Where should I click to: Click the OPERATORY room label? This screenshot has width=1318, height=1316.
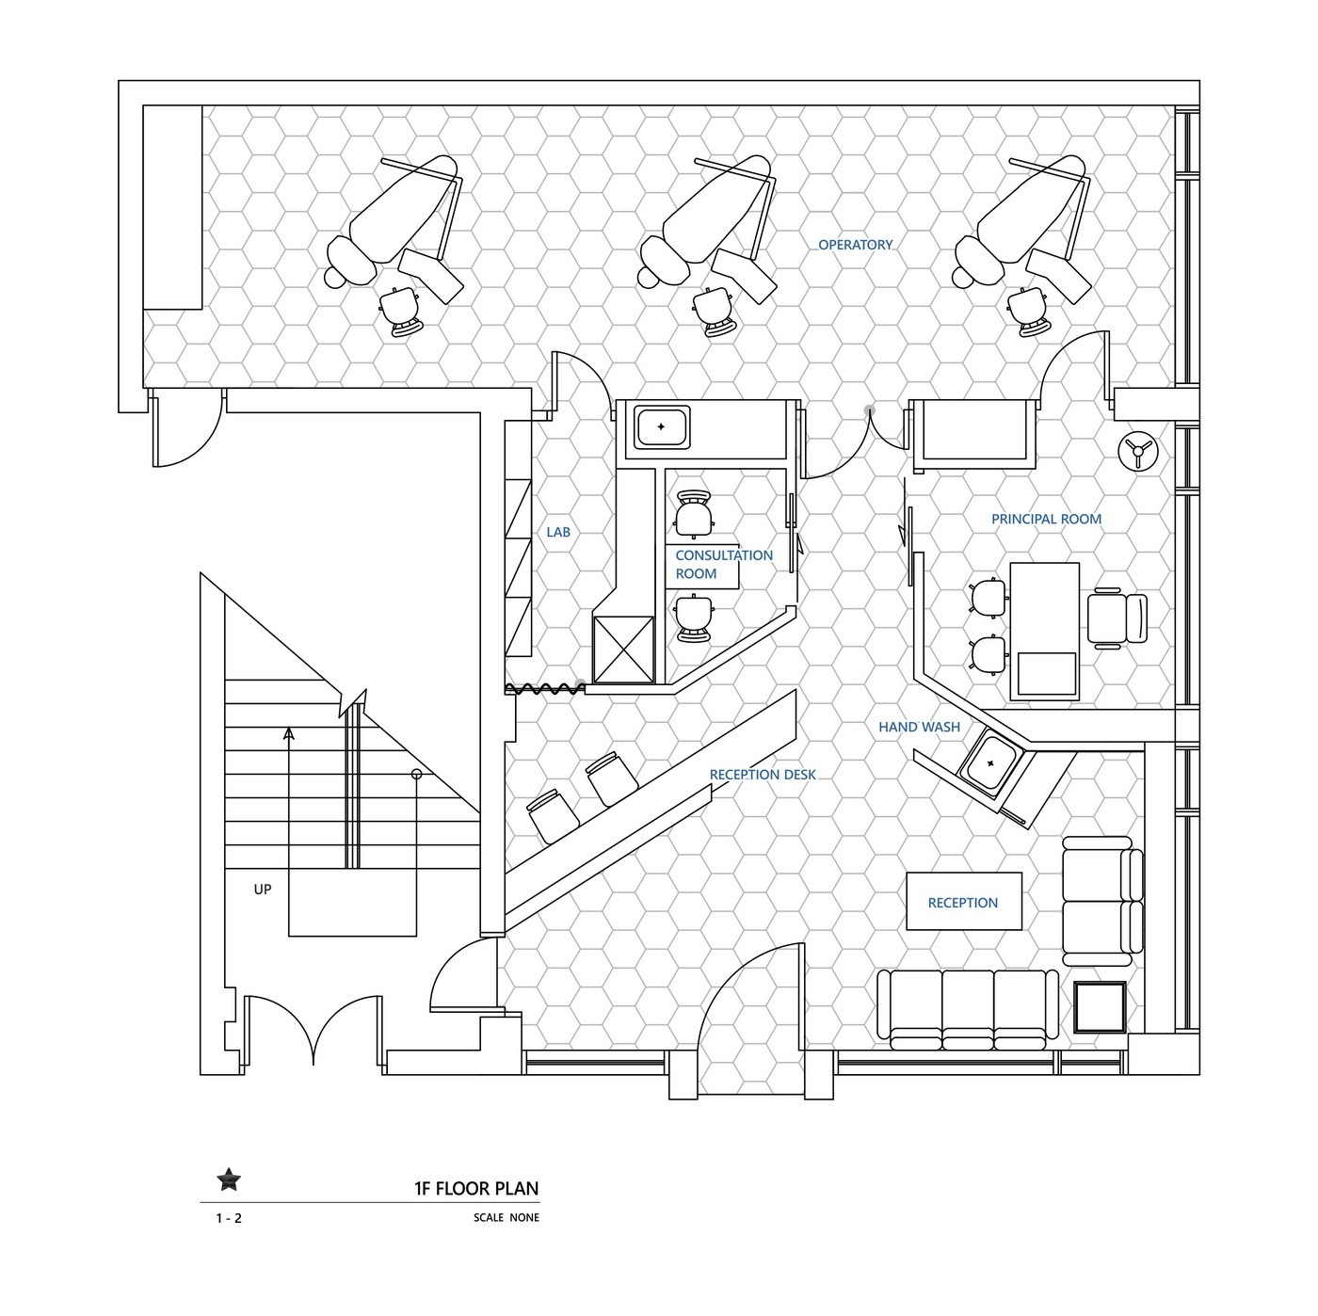(x=855, y=245)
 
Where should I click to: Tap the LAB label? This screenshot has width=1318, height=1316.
(x=558, y=532)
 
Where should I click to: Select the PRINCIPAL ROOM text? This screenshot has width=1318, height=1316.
(x=1046, y=519)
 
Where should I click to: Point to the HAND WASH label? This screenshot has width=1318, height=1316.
(x=919, y=727)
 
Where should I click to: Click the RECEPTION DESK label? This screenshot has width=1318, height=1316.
(x=763, y=775)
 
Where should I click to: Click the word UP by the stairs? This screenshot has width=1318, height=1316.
(x=263, y=890)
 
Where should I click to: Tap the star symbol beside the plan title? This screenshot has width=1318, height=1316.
(x=229, y=1179)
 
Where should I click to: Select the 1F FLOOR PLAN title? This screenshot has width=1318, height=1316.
(x=476, y=1188)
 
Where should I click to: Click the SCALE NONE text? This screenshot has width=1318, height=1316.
(x=506, y=1217)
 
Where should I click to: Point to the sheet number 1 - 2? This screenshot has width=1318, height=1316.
(x=229, y=1217)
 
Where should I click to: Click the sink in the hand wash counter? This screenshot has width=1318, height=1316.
(x=990, y=762)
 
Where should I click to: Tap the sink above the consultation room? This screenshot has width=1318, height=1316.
(x=661, y=426)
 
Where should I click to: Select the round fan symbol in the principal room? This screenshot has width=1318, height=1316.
(x=1137, y=451)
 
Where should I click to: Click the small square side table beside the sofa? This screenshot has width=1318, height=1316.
(x=1100, y=1007)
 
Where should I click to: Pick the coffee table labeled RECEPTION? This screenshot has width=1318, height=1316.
(x=964, y=901)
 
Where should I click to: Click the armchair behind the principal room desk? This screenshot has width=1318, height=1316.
(x=1117, y=618)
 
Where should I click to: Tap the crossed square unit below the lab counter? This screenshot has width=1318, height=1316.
(x=623, y=650)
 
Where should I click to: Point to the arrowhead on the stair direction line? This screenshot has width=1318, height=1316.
(x=289, y=733)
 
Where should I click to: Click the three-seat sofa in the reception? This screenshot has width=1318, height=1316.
(x=968, y=1009)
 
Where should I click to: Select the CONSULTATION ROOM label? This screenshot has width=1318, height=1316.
(x=724, y=564)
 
